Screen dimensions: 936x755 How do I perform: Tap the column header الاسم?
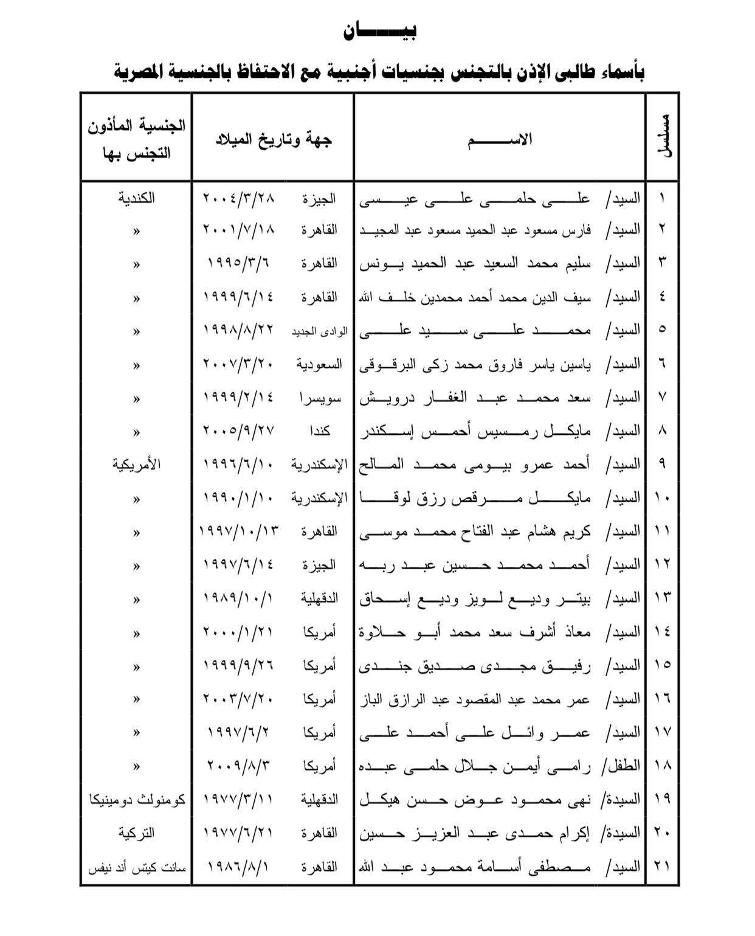(x=500, y=140)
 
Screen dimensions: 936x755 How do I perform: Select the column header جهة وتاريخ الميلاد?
(x=274, y=140)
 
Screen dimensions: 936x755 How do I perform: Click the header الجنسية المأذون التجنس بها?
(x=136, y=139)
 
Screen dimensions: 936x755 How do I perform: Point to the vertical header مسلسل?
(x=664, y=136)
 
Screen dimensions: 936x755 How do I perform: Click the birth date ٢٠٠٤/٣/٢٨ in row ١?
(x=238, y=198)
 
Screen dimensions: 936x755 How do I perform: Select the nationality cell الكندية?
(x=136, y=198)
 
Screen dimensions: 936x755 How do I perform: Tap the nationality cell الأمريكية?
(x=136, y=465)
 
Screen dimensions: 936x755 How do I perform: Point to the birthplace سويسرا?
(x=320, y=398)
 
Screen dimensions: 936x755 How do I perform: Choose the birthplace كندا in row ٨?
(x=320, y=431)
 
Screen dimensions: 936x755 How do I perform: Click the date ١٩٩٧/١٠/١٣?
(x=238, y=532)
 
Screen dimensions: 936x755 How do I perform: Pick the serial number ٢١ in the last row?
(x=662, y=867)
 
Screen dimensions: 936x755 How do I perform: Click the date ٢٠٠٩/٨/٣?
(x=238, y=766)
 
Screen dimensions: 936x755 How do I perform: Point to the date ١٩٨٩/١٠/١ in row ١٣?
(x=238, y=598)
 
